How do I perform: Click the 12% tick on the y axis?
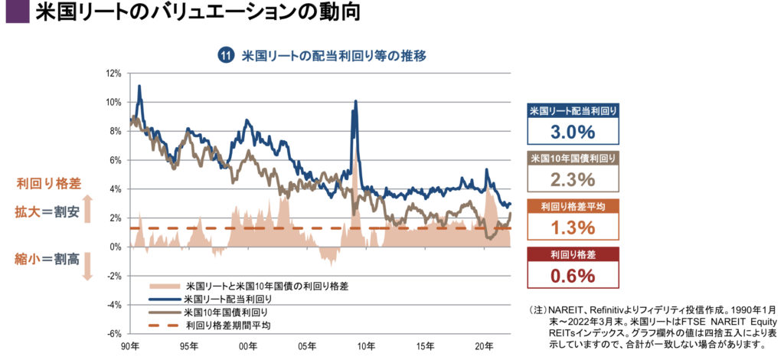click(x=114, y=74)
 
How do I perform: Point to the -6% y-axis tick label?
click(x=114, y=334)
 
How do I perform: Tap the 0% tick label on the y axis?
click(x=116, y=247)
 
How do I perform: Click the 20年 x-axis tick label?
click(x=484, y=346)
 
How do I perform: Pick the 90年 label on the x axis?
click(x=129, y=346)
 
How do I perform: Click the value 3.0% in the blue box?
click(x=573, y=132)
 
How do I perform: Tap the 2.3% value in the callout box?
click(x=573, y=180)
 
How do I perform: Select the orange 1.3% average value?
click(x=573, y=227)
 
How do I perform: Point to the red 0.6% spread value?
click(x=573, y=276)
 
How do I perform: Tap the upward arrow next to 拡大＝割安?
click(x=87, y=209)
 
